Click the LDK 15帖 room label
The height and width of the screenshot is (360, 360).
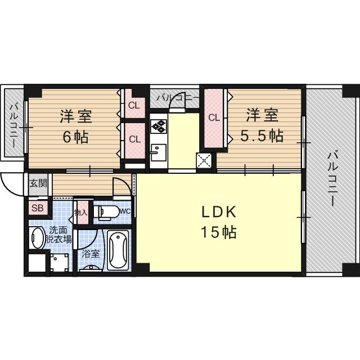[x=219, y=222]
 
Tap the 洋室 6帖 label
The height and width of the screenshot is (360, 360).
[x=76, y=126]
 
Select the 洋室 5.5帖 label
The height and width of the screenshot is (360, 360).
[x=262, y=125]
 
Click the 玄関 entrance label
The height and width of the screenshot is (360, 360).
[x=38, y=183]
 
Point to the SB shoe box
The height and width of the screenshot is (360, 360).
[x=38, y=208]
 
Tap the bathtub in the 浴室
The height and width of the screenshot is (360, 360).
[x=118, y=250]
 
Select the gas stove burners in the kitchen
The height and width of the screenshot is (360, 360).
[x=159, y=126]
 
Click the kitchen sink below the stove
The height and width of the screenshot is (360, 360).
[x=159, y=152]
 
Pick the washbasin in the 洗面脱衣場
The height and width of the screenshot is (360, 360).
[x=37, y=238]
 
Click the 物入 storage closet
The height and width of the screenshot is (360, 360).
[x=82, y=213]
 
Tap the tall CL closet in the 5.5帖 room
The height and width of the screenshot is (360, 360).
[x=214, y=119]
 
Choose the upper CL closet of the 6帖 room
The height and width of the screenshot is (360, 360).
[x=134, y=106]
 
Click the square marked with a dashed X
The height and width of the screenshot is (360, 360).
[x=204, y=160]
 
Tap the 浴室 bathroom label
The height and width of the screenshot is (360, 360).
[x=91, y=254]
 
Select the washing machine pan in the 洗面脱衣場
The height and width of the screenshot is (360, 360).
[x=60, y=262]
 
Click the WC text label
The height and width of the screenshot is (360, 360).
[x=125, y=211]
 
